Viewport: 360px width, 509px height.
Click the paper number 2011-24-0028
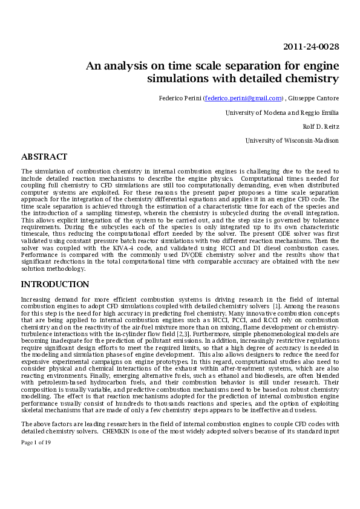pyautogui.click(x=311, y=47)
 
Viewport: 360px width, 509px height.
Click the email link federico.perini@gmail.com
pyautogui.click(x=243, y=98)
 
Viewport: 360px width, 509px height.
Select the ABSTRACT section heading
pyautogui.click(x=44, y=157)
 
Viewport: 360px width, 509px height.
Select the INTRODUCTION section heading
pyautogui.click(x=55, y=284)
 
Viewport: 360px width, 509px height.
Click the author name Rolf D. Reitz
pyautogui.click(x=321, y=126)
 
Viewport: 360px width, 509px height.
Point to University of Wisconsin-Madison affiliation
pyautogui.click(x=292, y=140)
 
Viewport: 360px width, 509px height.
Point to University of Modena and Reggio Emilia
pyautogui.click(x=282, y=112)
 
